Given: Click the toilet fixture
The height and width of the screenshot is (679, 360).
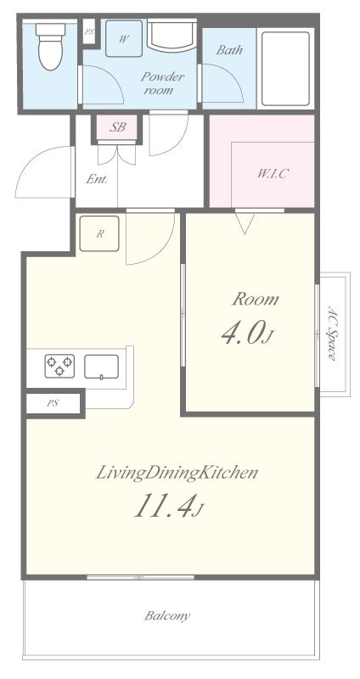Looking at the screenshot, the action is point(50,47).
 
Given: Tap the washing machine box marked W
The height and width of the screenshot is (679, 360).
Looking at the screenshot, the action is point(124,38).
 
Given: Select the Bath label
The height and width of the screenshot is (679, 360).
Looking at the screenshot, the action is point(229,50).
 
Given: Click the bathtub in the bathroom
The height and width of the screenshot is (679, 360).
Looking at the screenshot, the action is point(285,69).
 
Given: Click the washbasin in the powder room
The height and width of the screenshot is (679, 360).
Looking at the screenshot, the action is point(172,35).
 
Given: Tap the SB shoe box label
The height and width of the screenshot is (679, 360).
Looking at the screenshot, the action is point(117,127).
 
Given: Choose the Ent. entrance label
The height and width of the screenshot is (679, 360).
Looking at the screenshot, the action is point(96,179).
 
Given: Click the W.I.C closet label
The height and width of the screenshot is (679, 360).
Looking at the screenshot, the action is point(273,174).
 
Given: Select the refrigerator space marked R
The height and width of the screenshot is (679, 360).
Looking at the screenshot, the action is point(99,234).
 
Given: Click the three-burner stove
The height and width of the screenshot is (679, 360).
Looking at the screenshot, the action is point(59,366).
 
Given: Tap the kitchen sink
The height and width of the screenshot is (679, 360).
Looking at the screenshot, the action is point(101,367).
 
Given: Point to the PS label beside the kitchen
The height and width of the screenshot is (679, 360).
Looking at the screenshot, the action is point(53,403).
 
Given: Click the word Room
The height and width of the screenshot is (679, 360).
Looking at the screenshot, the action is point(256,300).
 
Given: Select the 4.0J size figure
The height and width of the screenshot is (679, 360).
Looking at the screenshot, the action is point(248,334).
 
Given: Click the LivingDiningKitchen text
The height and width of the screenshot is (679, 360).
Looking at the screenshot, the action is point(177,473).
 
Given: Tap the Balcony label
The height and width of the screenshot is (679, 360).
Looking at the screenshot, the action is point(167,615).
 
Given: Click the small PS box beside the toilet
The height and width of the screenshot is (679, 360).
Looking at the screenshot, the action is point(89,31).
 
